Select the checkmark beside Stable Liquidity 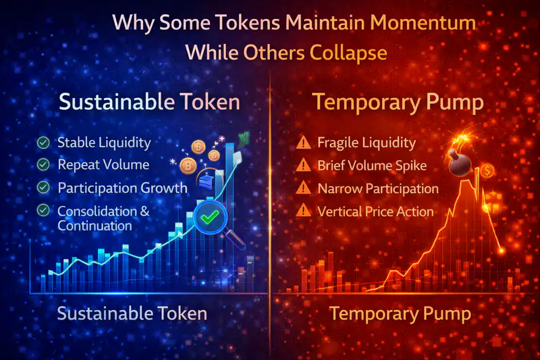tap(44, 143)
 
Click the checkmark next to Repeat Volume tap(44, 164)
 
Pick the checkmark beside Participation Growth tap(44, 187)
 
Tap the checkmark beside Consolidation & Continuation tap(44, 211)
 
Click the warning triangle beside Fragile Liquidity tap(304, 143)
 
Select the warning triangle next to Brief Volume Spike tap(304, 165)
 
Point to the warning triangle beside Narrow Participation tap(304, 188)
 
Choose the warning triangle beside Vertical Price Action tap(304, 211)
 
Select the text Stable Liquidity tap(104, 143)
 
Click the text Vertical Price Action tap(375, 211)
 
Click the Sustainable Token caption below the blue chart tap(132, 314)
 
